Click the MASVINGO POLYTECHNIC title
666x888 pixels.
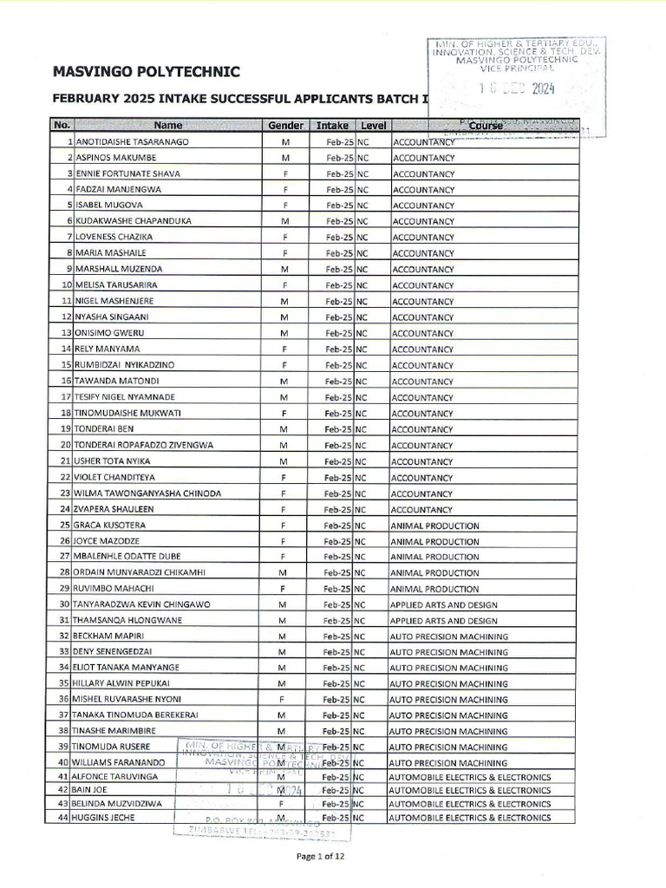point(147,71)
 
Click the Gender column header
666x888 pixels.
point(285,125)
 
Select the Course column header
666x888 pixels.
point(486,125)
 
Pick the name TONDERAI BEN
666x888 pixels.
point(104,429)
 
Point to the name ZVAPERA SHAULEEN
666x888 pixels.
point(117,509)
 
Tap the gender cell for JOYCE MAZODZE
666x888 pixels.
point(284,541)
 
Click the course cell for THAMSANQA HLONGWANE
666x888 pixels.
point(443,621)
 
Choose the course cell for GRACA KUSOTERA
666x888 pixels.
point(434,526)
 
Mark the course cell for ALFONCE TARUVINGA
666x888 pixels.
point(469,777)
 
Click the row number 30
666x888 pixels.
point(63,604)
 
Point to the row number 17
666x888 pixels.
point(63,397)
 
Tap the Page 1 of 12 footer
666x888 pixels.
point(332,856)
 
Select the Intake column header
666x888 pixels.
point(331,125)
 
